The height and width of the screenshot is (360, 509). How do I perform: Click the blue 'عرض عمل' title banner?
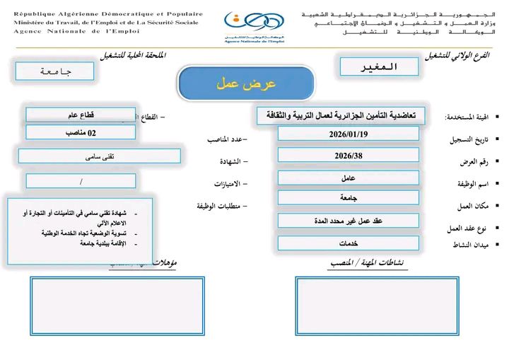pos(246,83)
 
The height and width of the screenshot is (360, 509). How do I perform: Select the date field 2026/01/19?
pos(348,134)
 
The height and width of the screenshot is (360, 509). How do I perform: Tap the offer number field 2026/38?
pos(348,155)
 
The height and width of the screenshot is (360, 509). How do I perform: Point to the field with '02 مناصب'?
pos(81,132)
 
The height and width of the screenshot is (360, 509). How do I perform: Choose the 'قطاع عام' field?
pos(81,115)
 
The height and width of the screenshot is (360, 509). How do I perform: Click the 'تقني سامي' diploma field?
pos(99,156)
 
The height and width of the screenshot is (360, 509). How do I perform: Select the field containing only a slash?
pos(81,181)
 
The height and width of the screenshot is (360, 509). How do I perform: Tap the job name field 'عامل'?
pos(348,178)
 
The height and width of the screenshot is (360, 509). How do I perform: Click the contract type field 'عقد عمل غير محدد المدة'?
pos(348,220)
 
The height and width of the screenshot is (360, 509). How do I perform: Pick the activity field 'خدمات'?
pos(348,243)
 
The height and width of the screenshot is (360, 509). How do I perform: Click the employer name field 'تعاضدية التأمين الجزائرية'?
pos(341,115)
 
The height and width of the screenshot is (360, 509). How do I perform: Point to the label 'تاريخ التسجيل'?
pos(467,140)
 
